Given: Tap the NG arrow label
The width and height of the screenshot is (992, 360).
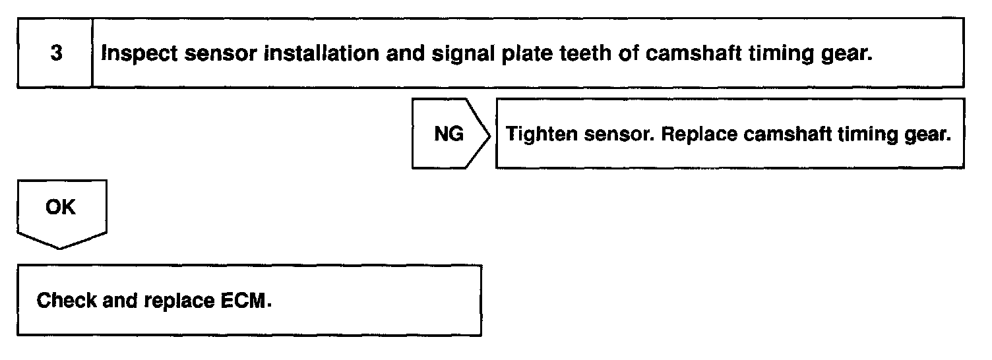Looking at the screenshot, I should [x=449, y=135].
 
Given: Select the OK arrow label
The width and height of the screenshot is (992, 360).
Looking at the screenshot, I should [x=60, y=208].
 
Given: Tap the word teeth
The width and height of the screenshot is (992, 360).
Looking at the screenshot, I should [x=588, y=53].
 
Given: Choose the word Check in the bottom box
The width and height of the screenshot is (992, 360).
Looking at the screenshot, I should [x=63, y=301].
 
